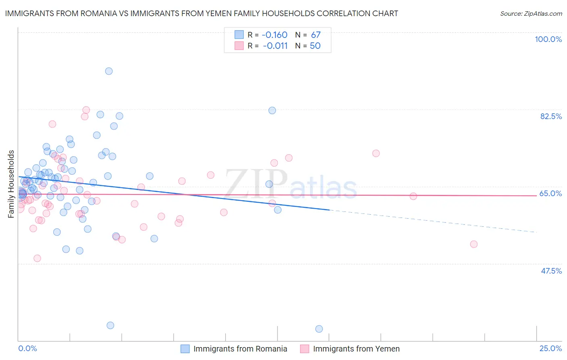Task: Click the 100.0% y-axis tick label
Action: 548,39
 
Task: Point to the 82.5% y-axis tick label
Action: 551,116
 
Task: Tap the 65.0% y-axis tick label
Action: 550,193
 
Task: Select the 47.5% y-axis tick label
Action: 551,271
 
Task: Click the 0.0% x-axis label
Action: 27,348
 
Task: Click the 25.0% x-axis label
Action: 550,348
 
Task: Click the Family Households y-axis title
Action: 11,184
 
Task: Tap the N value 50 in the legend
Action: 315,46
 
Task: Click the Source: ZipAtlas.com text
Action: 531,13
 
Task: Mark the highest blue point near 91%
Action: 109,71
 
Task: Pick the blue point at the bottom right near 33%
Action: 319,329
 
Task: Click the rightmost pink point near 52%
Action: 474,244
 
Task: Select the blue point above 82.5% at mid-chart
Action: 272,111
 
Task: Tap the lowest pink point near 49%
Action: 37,258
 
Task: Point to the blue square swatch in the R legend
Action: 239,35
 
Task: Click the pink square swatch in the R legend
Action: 239,46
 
